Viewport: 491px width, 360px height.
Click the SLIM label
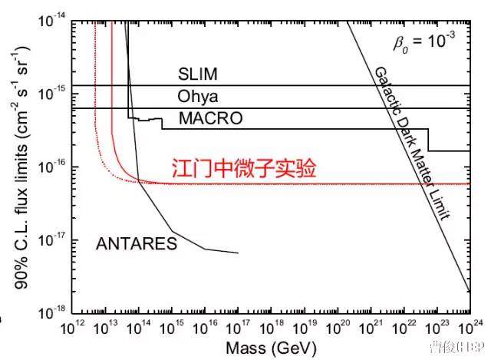(198, 74)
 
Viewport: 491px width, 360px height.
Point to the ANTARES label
(137, 244)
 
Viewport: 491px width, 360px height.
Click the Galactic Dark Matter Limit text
(410, 143)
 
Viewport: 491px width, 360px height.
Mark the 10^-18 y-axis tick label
(54, 313)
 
